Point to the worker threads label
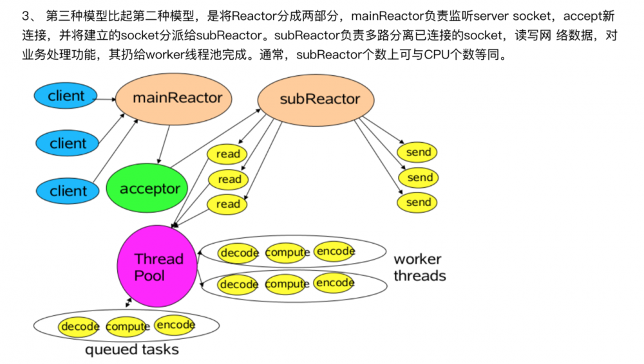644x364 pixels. click(x=419, y=268)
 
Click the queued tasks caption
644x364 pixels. click(x=131, y=350)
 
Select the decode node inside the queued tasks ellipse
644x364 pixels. click(x=80, y=327)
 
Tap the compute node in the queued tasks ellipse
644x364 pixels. click(x=128, y=327)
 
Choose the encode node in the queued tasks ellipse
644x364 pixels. click(x=175, y=325)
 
